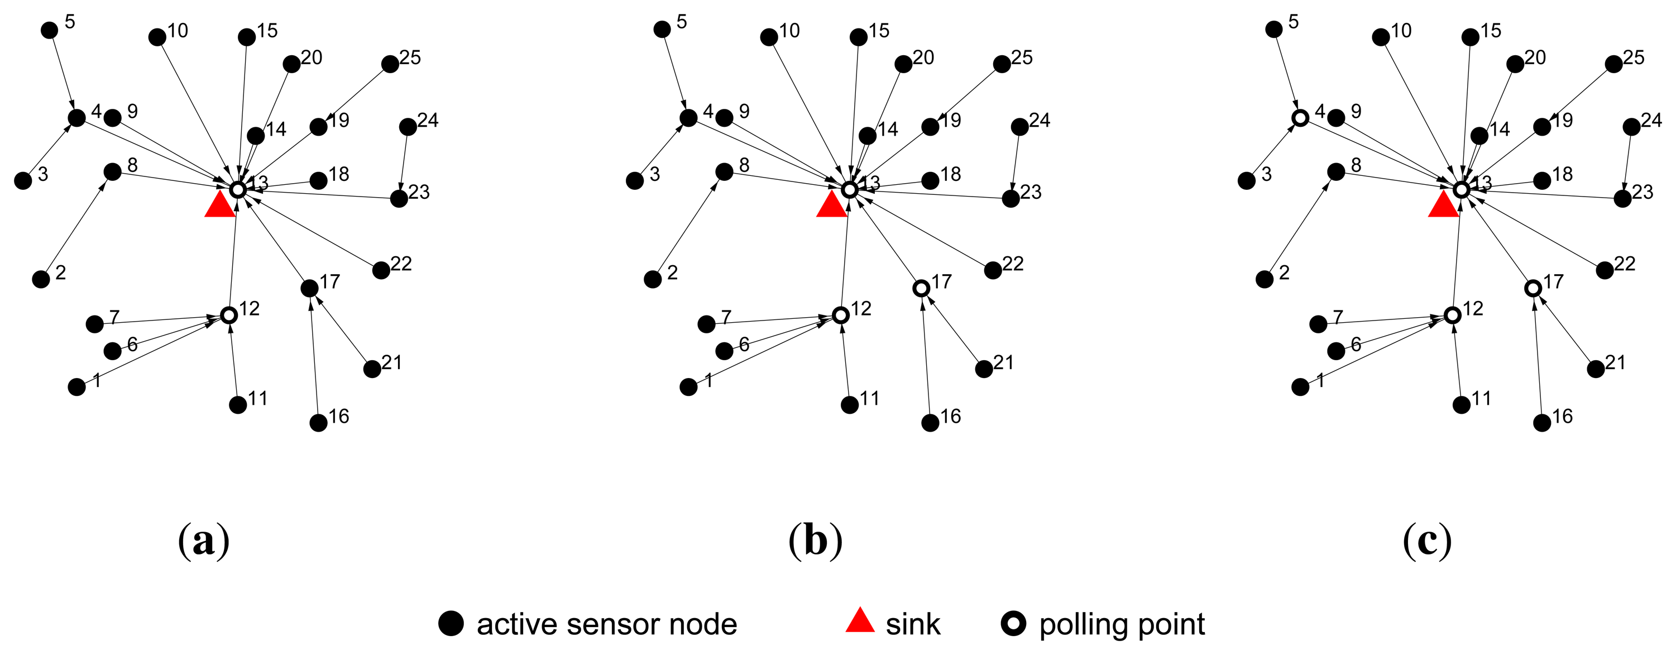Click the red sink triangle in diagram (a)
click(219, 206)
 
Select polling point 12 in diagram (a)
click(228, 315)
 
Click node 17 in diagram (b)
click(921, 288)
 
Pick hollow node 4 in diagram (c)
click(1300, 118)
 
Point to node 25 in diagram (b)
click(1002, 64)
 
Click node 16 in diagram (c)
click(1542, 423)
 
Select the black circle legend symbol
click(451, 623)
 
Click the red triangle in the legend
click(859, 621)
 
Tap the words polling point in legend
click(1122, 624)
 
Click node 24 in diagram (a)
click(408, 127)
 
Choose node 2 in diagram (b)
click(653, 280)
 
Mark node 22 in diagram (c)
click(1605, 270)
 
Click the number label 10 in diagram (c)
click(1401, 31)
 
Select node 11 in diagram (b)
click(850, 405)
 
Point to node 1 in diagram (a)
click(77, 388)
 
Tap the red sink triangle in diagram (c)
click(1443, 206)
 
